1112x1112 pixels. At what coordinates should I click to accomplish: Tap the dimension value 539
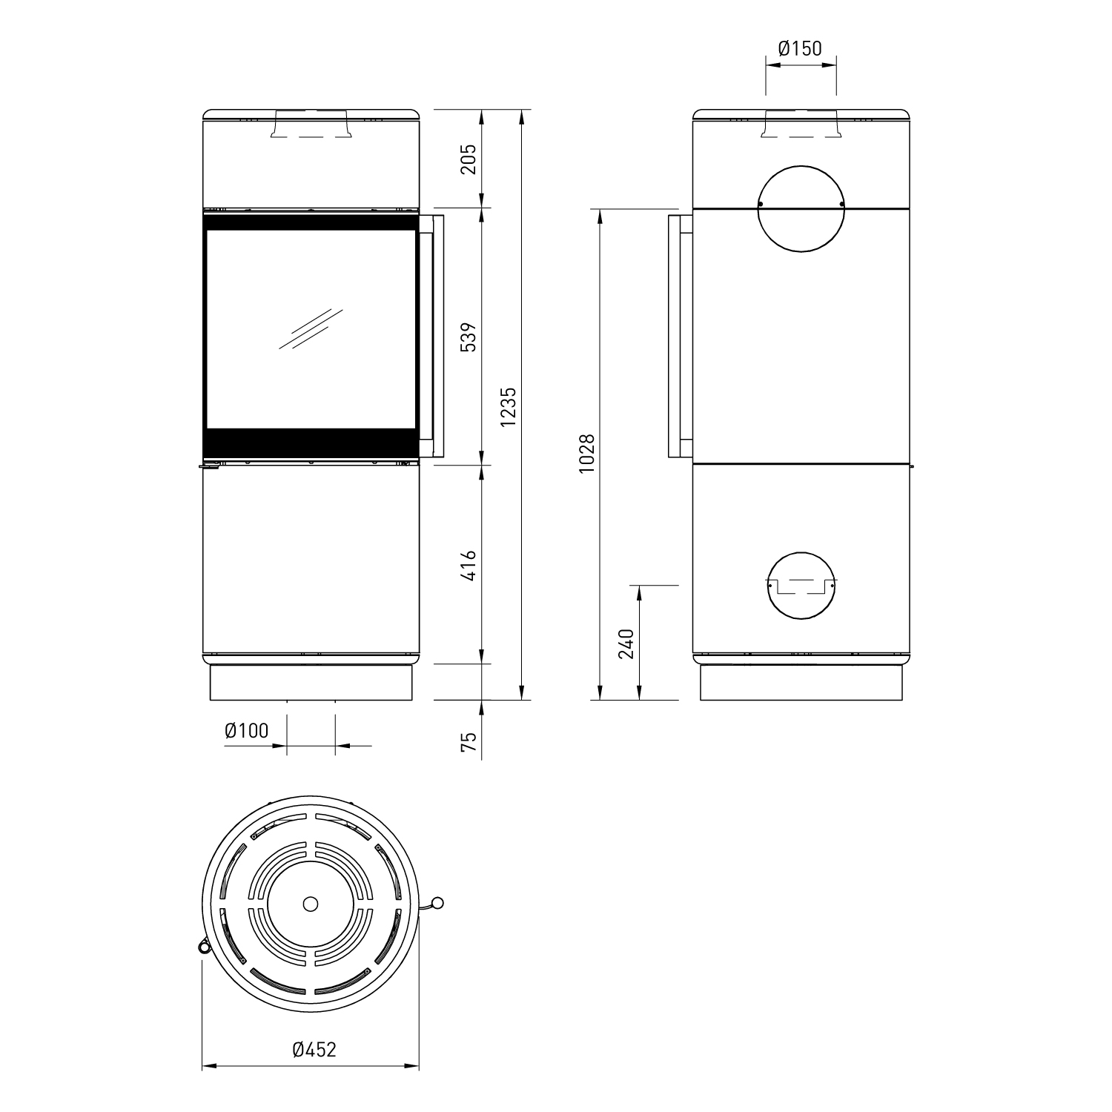click(x=468, y=336)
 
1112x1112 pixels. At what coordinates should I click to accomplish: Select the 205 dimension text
click(x=468, y=159)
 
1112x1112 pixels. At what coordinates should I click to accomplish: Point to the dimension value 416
click(x=468, y=566)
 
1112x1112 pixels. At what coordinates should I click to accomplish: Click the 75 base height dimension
click(x=468, y=742)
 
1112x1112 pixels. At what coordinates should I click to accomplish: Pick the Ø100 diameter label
click(x=246, y=731)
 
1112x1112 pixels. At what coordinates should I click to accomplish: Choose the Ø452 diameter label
click(x=314, y=1049)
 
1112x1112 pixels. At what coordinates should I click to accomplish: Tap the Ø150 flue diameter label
click(x=800, y=49)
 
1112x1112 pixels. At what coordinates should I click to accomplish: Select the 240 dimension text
click(x=626, y=643)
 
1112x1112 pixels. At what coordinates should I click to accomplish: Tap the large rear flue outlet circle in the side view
click(x=800, y=207)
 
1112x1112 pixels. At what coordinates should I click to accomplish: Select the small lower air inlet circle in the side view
click(x=800, y=585)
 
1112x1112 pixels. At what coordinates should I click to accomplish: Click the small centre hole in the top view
click(x=311, y=904)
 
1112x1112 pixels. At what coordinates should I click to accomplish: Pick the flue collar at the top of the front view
click(x=311, y=125)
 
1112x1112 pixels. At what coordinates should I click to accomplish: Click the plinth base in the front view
click(x=311, y=682)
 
